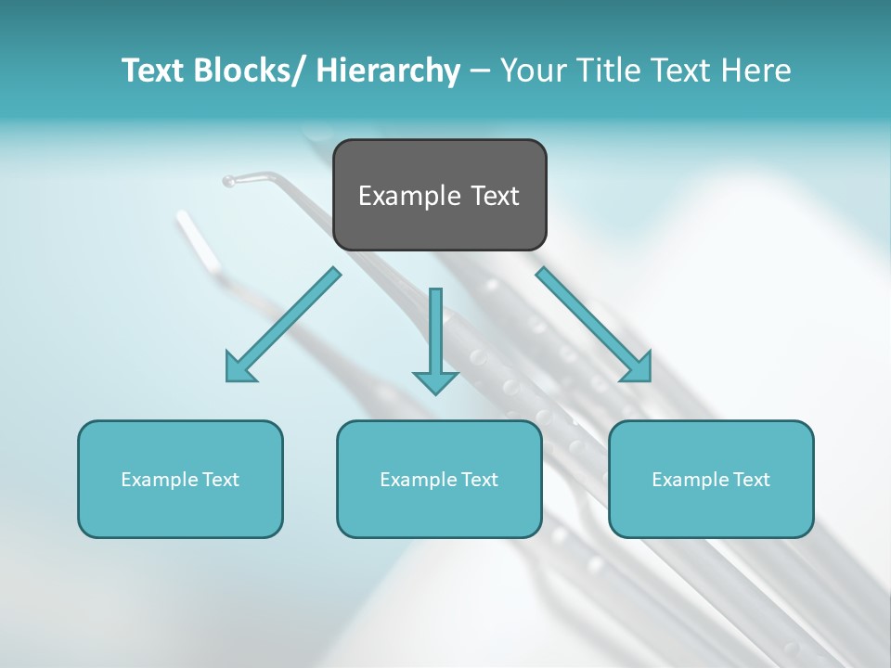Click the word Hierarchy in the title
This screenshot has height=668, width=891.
click(387, 71)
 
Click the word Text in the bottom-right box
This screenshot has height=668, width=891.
click(751, 480)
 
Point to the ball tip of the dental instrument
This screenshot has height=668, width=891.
click(228, 181)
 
